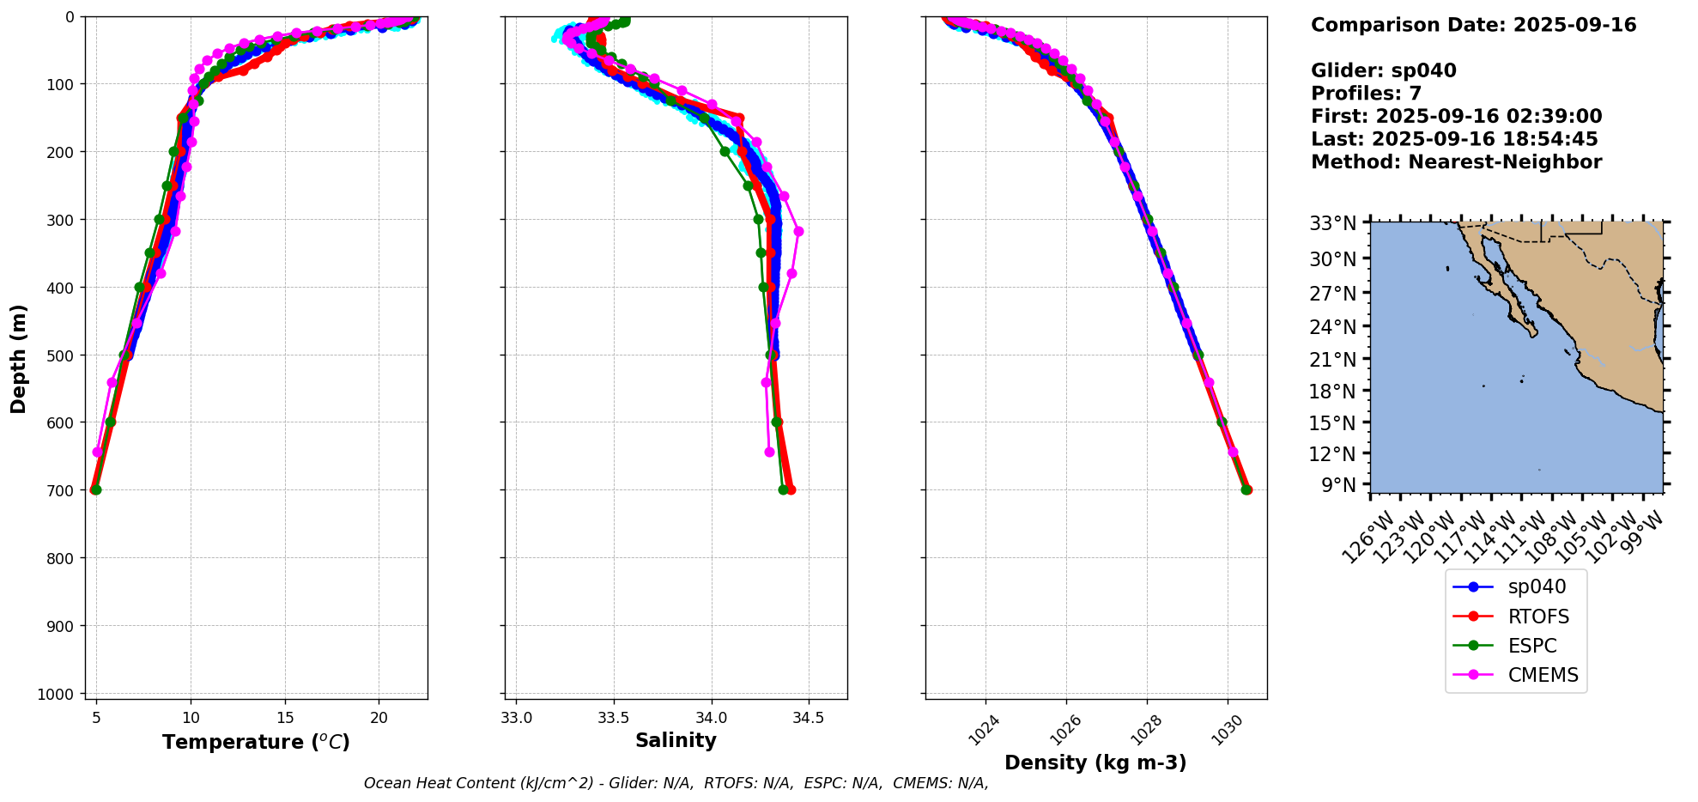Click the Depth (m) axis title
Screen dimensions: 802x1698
tap(19, 358)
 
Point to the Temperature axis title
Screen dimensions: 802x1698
tap(256, 742)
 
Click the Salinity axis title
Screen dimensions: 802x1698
tap(676, 740)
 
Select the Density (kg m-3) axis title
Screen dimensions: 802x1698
tap(1095, 763)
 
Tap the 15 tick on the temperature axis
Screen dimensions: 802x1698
tap(285, 718)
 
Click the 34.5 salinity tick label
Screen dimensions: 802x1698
tap(810, 718)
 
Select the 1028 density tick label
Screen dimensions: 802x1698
tap(1145, 732)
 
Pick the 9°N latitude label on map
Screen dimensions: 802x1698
tap(1341, 485)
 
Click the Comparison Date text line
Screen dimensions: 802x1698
tap(1473, 25)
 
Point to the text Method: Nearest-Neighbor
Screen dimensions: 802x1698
tap(1456, 162)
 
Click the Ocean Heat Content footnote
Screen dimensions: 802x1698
tap(676, 783)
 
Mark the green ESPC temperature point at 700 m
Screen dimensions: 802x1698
tap(96, 489)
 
